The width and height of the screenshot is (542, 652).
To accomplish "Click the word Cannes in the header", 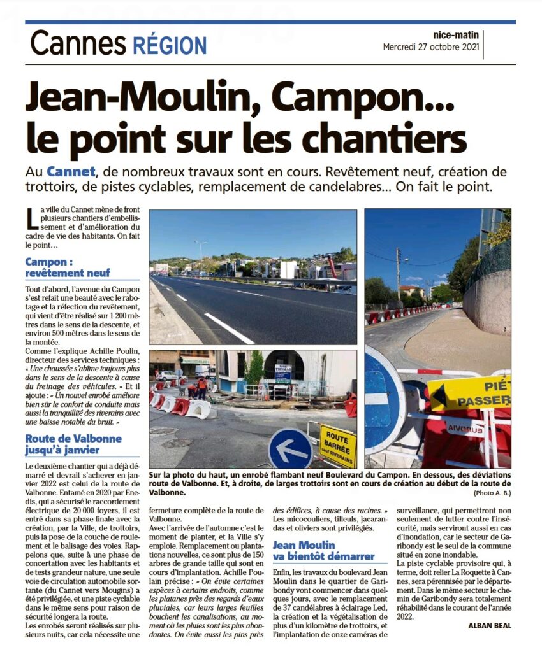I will click(x=78, y=44).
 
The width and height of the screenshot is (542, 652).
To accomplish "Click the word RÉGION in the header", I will click(x=170, y=45).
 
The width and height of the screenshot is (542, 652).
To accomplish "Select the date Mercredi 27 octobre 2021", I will click(x=430, y=48).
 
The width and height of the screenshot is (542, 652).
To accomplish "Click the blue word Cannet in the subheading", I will click(x=70, y=172).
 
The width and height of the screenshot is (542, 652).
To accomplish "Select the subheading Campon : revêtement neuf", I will click(x=68, y=267).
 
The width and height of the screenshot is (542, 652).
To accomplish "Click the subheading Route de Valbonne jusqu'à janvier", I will click(x=73, y=445).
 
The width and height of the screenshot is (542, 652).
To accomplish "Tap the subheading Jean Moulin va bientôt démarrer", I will click(x=323, y=551).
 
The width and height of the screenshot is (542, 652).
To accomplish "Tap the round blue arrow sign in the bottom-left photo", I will click(x=290, y=449).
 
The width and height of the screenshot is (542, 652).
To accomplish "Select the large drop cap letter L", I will click(x=31, y=220).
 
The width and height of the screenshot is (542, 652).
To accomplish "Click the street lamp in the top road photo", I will click(x=201, y=255).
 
